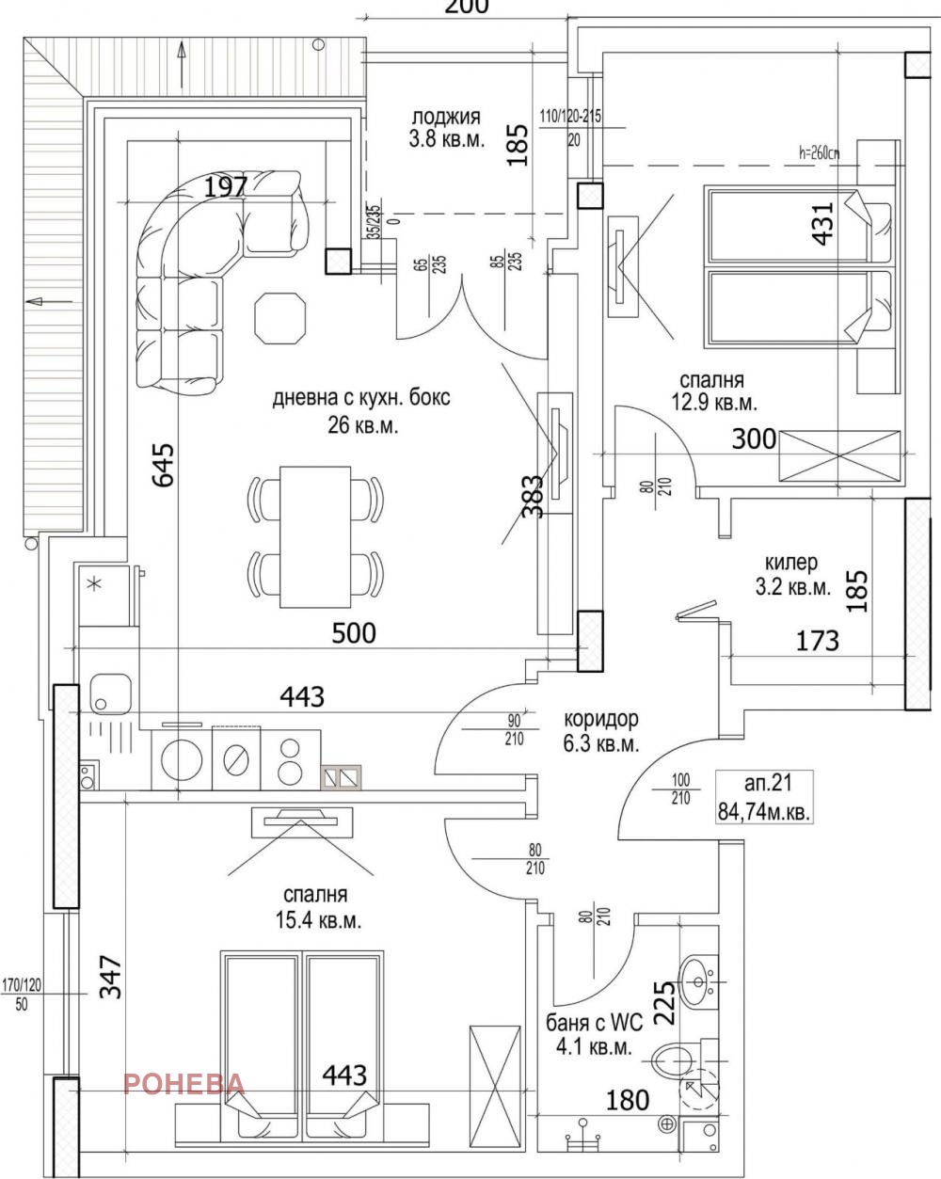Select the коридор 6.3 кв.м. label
[602, 731]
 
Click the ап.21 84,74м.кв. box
[764, 796]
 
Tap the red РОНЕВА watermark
[184, 1083]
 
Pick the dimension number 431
[823, 223]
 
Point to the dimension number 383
[532, 496]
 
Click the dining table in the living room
[316, 535]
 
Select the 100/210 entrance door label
[681, 789]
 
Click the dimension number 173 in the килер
[817, 642]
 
